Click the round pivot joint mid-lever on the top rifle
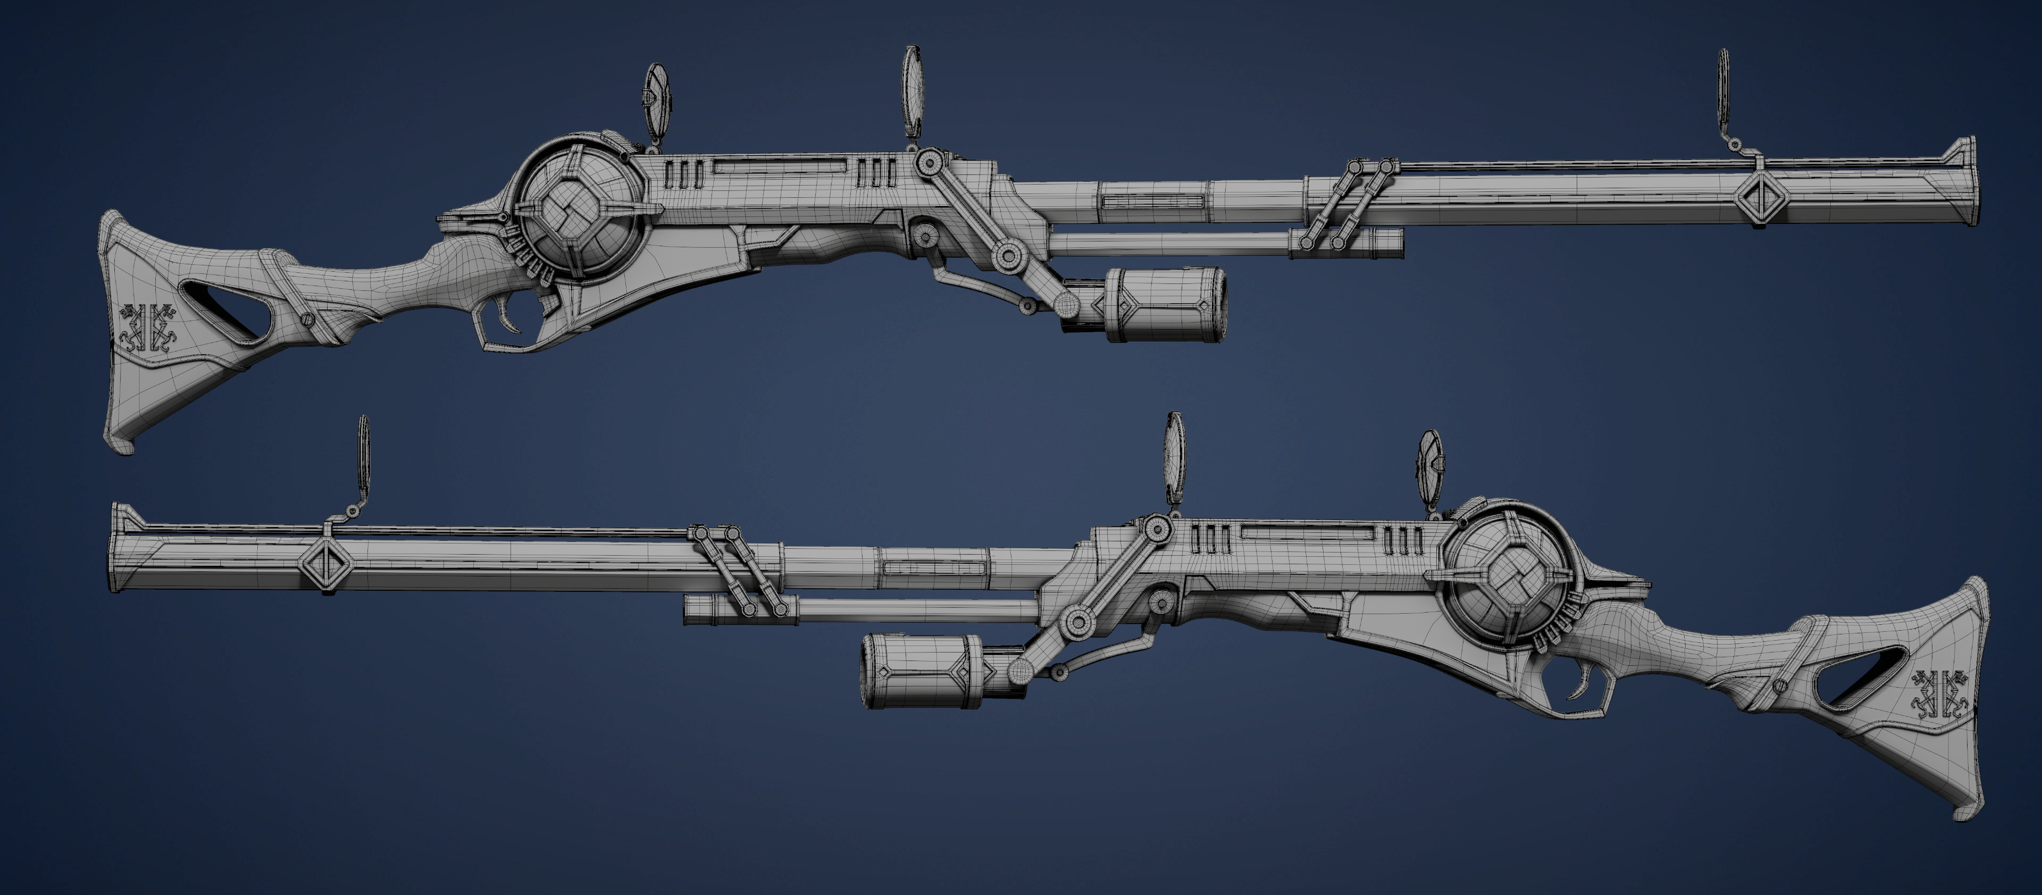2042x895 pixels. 1008,255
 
